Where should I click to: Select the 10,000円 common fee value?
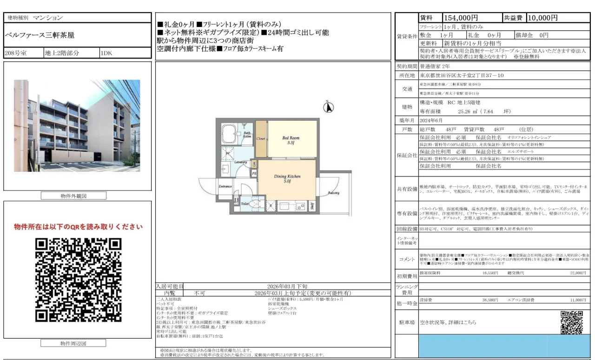pos(542,18)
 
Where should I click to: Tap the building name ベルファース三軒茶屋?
pos(40,35)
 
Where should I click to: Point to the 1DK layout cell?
pos(106,53)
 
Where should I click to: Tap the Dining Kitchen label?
pos(287,179)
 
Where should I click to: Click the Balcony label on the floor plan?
pos(333,193)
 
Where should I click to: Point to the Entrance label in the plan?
pos(225,187)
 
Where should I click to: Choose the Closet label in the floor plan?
pos(261,138)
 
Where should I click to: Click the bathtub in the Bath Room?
pos(230,134)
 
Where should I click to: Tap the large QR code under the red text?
pos(78,280)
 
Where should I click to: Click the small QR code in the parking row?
pos(571,322)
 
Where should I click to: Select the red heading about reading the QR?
pos(78,227)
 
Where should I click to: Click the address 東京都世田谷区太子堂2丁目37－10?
pos(461,75)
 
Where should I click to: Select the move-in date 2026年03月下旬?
pos(287,287)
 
